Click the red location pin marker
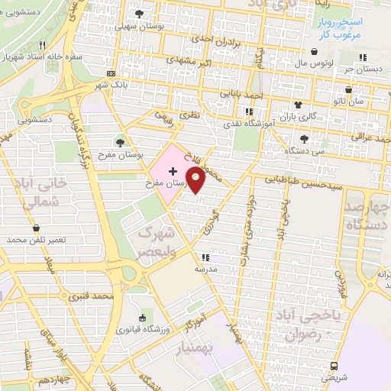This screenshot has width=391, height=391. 196,180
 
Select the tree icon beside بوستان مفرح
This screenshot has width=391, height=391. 120,142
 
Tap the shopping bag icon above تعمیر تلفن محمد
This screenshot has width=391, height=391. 36,228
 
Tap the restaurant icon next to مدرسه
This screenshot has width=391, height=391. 204,257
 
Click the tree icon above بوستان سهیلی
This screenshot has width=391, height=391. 138,14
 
